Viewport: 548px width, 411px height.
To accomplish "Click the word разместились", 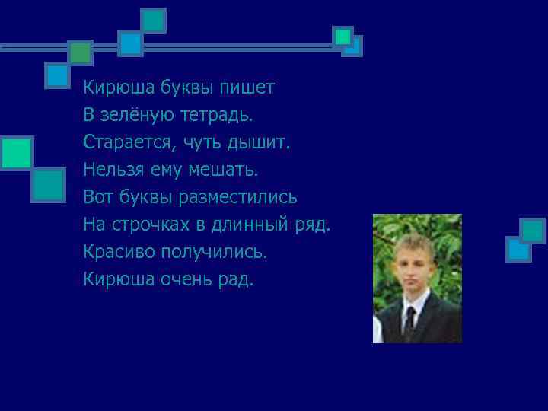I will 249,197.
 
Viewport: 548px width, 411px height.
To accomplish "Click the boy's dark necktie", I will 410,323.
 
